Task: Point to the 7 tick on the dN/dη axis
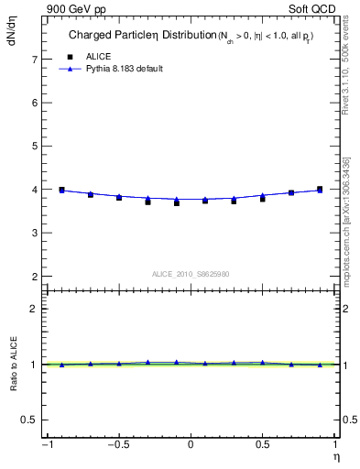tap(34, 60)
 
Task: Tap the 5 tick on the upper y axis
tap(34, 147)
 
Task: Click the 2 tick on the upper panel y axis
tap(34, 277)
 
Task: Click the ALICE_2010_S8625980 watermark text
tap(191, 274)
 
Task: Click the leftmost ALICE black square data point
tap(61, 190)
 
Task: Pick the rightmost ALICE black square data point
tap(320, 190)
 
